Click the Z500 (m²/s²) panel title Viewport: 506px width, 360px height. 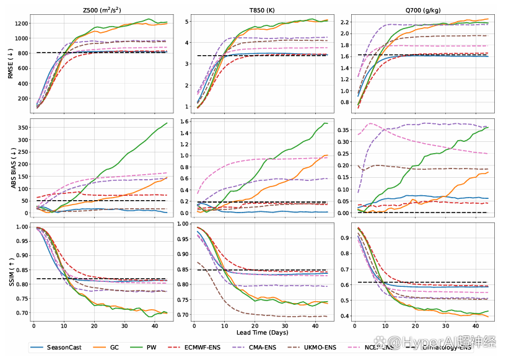(x=102, y=10)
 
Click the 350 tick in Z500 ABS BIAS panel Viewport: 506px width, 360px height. (x=22, y=128)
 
